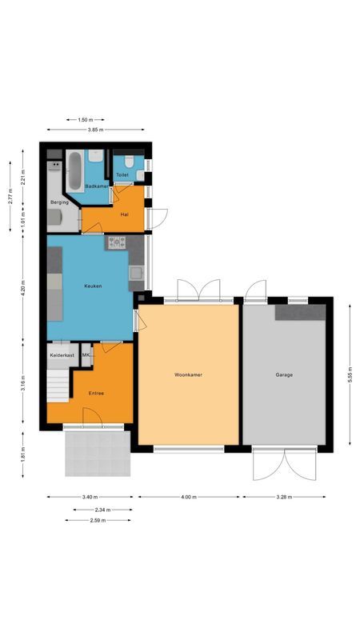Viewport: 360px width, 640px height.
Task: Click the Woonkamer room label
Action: point(189,374)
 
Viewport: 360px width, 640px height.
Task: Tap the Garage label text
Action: point(284,374)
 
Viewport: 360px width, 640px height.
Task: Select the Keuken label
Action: point(94,286)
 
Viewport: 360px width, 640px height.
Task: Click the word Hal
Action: point(124,214)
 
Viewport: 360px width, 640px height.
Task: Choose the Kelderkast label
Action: point(62,354)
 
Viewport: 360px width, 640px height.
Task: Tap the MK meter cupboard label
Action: point(86,354)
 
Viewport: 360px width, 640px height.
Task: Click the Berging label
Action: point(59,203)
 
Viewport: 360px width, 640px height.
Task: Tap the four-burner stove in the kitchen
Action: point(118,242)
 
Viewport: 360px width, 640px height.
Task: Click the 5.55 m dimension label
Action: point(350,374)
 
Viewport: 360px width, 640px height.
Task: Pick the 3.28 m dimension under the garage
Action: point(284,497)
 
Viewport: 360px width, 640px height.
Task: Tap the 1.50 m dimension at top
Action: point(85,120)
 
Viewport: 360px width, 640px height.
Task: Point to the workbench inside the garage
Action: point(300,312)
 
